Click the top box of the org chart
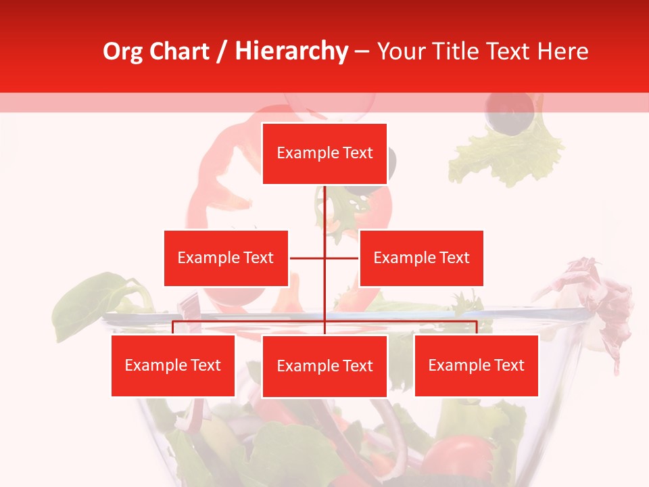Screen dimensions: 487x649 click(x=324, y=154)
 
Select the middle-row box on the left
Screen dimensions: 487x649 click(x=226, y=258)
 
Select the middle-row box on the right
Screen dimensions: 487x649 click(x=421, y=258)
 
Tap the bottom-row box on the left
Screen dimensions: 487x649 click(x=173, y=365)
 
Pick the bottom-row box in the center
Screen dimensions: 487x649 click(x=324, y=366)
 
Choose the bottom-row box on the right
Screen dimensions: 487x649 click(x=476, y=365)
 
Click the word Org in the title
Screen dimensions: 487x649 click(x=123, y=51)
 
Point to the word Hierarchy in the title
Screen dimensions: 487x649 click(x=291, y=51)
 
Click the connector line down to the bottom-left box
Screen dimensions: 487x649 click(x=173, y=327)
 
